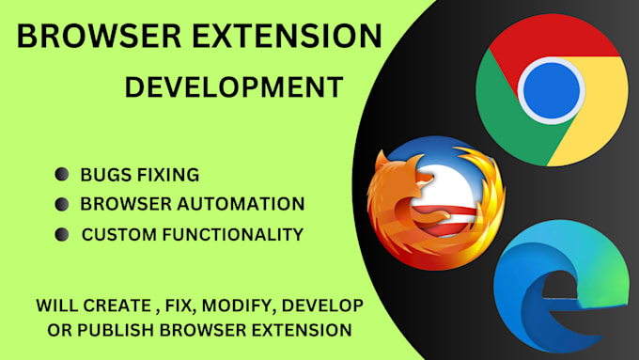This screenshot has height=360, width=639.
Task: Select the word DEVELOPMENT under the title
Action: (x=234, y=87)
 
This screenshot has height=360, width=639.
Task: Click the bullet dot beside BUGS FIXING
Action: (x=63, y=174)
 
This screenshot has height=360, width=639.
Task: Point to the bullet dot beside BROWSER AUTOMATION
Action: (x=63, y=203)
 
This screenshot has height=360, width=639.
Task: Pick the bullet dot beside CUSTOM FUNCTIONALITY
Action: (x=63, y=233)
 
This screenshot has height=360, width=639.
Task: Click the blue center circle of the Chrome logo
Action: (x=552, y=92)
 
